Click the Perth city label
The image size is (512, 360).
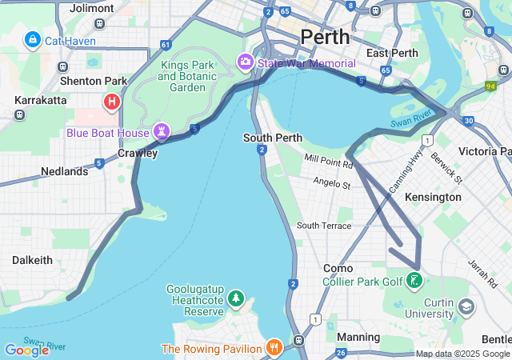325,37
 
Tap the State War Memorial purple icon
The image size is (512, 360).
245,62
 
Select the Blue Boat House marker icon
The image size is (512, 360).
162,131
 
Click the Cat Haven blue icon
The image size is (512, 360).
33,38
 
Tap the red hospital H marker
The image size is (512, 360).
112,102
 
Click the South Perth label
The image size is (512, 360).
273,138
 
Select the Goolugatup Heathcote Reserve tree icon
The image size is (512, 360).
235,299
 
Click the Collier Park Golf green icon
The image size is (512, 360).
414,281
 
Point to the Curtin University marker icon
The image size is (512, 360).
465,306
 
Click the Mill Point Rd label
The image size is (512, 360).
328,162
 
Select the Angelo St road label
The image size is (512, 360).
331,184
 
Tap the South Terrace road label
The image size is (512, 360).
324,226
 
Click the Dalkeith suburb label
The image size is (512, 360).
32,260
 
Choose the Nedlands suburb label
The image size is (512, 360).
64,171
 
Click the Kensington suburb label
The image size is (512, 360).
433,197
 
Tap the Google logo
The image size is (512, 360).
26,350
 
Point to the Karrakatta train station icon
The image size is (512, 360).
19,114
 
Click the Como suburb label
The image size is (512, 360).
338,268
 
